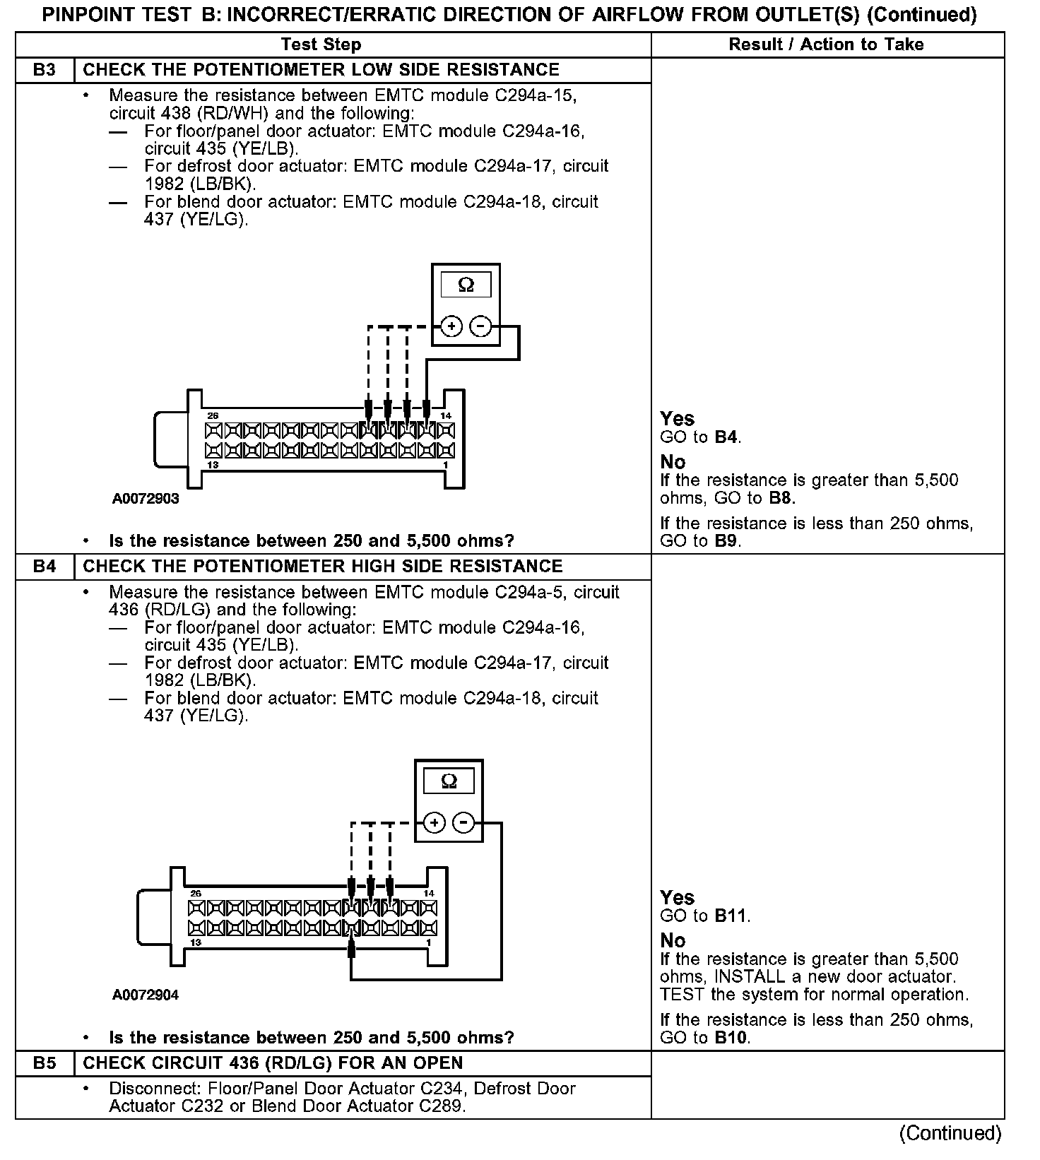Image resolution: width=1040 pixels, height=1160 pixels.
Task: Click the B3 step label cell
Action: (45, 70)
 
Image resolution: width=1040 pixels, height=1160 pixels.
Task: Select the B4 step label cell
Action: (45, 567)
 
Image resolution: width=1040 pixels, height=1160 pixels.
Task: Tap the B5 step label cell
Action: (45, 1063)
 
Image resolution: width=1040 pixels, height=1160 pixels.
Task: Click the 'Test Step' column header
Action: (321, 45)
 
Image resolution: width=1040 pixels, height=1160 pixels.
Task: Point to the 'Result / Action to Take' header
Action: (826, 45)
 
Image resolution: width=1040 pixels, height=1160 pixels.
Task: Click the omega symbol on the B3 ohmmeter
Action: (466, 285)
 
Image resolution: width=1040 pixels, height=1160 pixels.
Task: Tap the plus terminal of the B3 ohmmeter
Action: (451, 326)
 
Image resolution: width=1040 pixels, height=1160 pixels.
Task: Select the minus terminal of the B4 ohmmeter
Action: (463, 823)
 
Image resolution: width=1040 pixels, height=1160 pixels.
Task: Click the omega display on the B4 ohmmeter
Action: (449, 781)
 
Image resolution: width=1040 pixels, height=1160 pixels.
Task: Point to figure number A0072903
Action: (146, 499)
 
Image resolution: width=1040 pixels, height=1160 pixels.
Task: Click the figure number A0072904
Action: (146, 995)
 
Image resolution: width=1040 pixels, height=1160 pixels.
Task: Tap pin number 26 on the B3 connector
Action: (212, 416)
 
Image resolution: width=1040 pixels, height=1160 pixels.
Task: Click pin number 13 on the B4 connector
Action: (196, 943)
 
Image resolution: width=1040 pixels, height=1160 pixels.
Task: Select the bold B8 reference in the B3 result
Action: (781, 498)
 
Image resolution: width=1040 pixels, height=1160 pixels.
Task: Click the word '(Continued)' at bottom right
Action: (950, 1133)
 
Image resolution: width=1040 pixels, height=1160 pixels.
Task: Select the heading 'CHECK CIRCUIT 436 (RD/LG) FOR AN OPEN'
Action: (273, 1063)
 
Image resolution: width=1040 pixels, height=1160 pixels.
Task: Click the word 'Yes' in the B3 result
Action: (678, 418)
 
